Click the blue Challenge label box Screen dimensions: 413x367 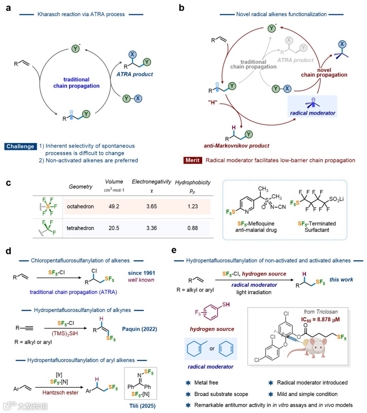20,147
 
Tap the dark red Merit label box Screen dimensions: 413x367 193,160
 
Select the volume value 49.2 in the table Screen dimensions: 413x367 114,206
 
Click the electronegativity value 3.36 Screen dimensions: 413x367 152,228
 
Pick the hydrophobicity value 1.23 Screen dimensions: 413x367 193,206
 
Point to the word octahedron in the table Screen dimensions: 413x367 80,206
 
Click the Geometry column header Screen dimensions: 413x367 81,187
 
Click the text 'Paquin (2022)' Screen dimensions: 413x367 139,329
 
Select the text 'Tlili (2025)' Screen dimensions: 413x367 142,406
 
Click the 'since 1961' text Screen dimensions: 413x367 141,273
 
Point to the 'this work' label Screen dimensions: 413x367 341,279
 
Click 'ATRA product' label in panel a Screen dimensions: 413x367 135,74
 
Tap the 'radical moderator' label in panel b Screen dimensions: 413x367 313,113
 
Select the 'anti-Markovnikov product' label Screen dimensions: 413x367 237,145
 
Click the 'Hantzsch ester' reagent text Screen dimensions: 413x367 60,392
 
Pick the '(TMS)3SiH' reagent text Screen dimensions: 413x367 65,333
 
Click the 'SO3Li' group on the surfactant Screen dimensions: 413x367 336,199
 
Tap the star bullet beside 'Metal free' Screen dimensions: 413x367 188,383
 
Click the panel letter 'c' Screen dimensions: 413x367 8,183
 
